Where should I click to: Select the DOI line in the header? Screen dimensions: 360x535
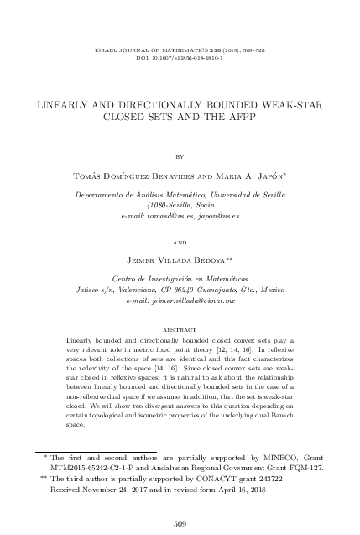click(x=180, y=47)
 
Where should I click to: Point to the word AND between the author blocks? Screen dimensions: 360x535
click(x=180, y=242)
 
